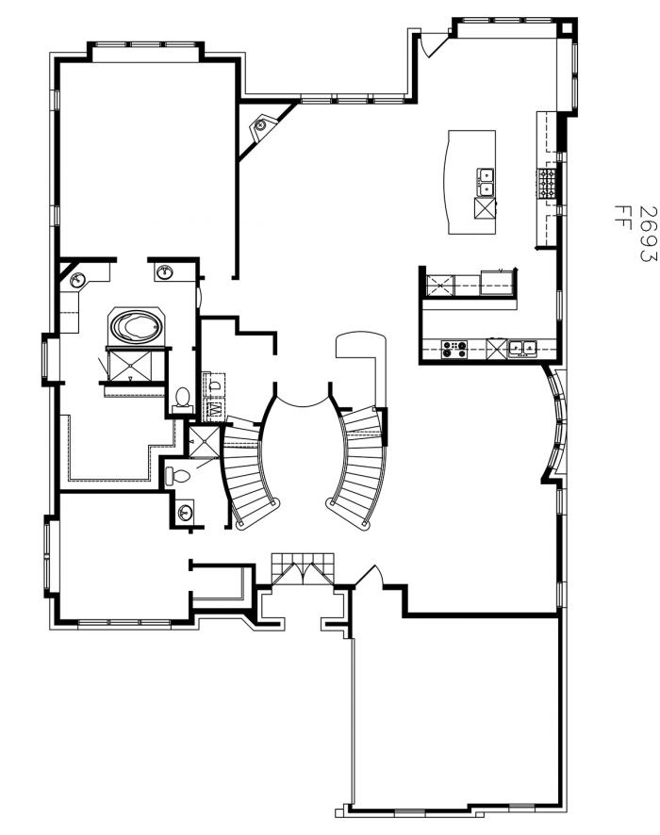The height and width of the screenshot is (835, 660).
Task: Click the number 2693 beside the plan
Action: [648, 234]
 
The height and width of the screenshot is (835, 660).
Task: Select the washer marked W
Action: [214, 408]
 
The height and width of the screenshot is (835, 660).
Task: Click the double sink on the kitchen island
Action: [487, 179]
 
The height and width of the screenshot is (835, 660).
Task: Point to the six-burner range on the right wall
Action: [546, 181]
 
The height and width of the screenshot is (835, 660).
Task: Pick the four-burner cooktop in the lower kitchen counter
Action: [454, 349]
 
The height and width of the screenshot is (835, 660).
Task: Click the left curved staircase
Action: [250, 476]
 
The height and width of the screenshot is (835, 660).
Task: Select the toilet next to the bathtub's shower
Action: [183, 397]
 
